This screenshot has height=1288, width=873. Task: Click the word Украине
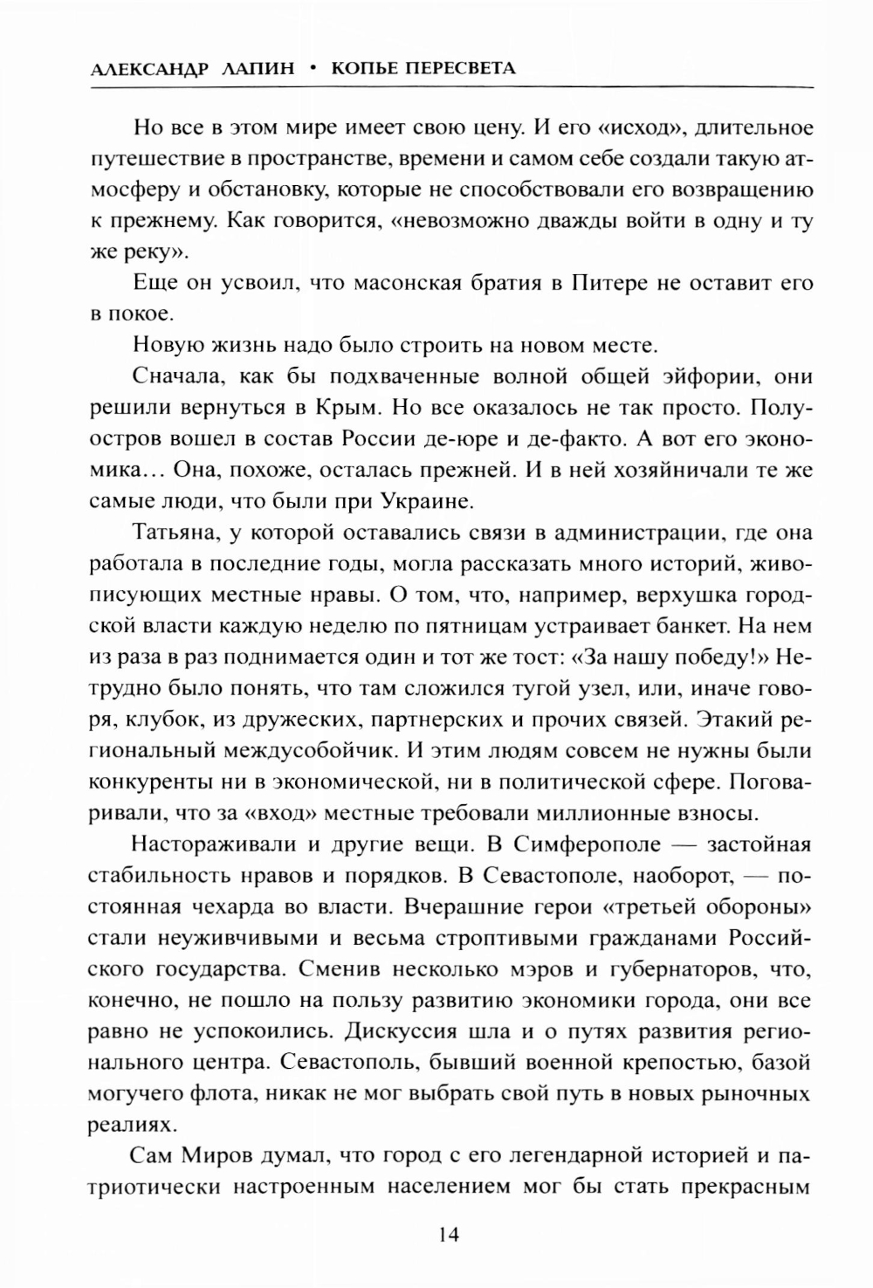pyautogui.click(x=426, y=502)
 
